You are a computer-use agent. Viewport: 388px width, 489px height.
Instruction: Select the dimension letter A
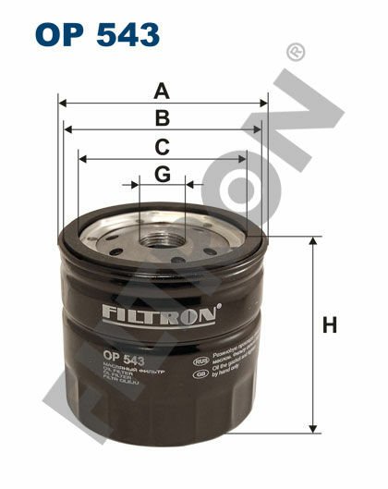pyautogui.click(x=162, y=91)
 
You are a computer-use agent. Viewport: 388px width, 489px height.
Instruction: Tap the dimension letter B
pyautogui.click(x=162, y=117)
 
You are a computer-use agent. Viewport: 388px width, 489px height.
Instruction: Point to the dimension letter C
pyautogui.click(x=162, y=146)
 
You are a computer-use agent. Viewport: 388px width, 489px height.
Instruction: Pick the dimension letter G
pyautogui.click(x=162, y=173)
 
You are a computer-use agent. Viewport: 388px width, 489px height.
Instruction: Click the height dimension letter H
pyautogui.click(x=330, y=325)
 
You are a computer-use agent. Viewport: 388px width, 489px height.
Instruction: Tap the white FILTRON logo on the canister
pyautogui.click(x=161, y=314)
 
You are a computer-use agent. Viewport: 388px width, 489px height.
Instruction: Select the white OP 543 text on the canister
pyautogui.click(x=122, y=357)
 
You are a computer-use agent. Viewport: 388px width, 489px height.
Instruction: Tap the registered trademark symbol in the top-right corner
pyautogui.click(x=296, y=51)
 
